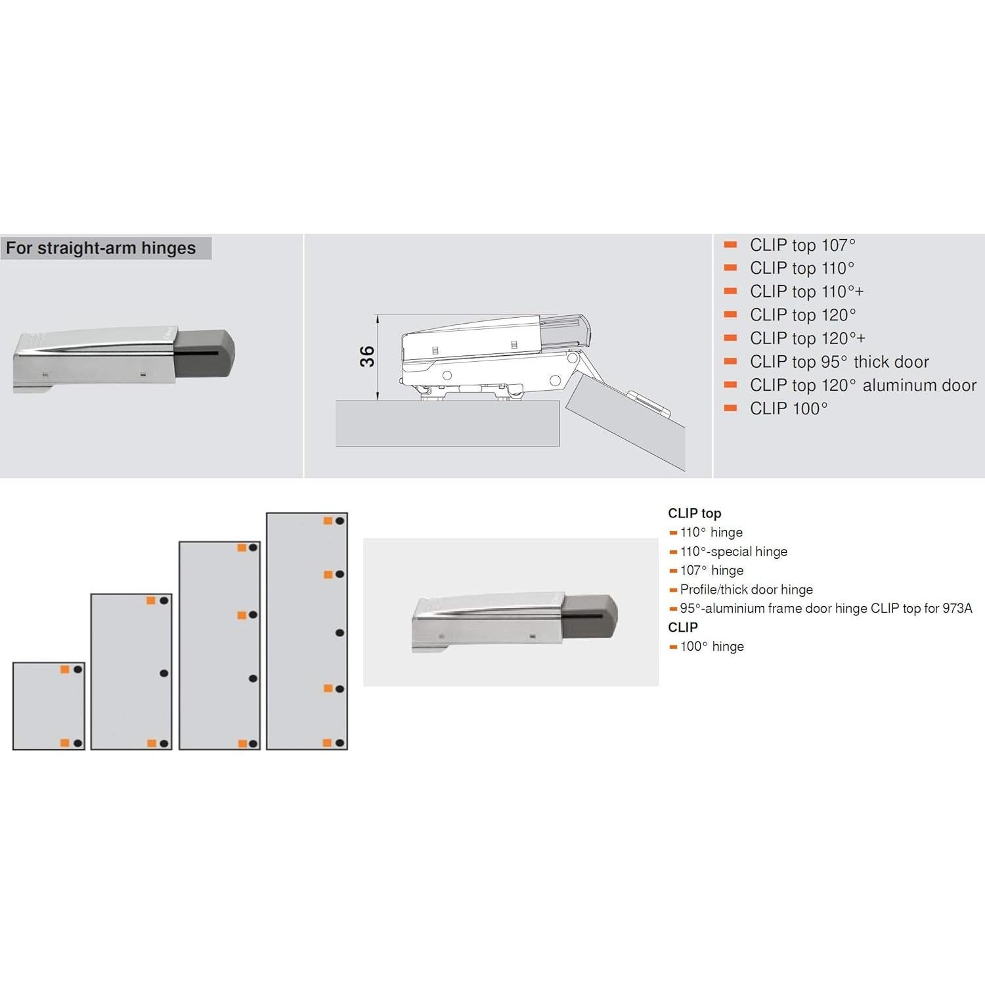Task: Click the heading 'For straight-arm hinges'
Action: click(x=101, y=248)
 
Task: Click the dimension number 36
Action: click(x=367, y=356)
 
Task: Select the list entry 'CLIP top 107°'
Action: click(x=802, y=245)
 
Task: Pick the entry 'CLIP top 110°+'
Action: click(x=806, y=292)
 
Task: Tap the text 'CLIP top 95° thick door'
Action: click(x=839, y=362)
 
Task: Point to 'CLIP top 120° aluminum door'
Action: click(x=863, y=385)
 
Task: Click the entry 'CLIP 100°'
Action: click(x=789, y=408)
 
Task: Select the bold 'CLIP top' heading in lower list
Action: click(x=694, y=514)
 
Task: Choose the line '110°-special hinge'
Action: click(x=733, y=552)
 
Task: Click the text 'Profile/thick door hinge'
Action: click(x=746, y=590)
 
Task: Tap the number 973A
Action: click(x=957, y=609)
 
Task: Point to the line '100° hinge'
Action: click(x=712, y=647)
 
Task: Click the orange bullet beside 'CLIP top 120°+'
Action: click(x=730, y=338)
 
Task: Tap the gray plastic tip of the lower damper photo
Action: click(x=589, y=617)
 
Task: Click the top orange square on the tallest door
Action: click(x=328, y=521)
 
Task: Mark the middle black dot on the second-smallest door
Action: click(x=164, y=673)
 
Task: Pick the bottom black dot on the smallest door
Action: click(x=77, y=743)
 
